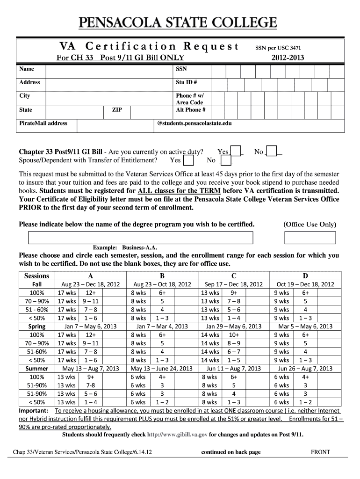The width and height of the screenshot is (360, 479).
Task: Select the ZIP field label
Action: click(117, 110)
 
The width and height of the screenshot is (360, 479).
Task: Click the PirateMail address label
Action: click(43, 123)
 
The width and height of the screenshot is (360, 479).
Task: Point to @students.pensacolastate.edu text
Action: click(194, 123)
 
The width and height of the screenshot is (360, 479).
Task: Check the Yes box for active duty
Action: click(237, 151)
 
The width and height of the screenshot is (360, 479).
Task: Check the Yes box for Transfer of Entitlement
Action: click(189, 160)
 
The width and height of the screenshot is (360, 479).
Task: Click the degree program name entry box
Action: click(140, 238)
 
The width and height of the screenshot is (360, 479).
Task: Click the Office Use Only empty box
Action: click(310, 238)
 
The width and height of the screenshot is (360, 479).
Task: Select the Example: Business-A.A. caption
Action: click(123, 247)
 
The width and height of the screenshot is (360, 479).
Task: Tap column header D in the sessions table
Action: click(305, 276)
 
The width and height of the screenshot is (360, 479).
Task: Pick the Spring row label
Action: click(36, 327)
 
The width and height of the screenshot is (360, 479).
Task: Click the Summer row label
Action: click(36, 369)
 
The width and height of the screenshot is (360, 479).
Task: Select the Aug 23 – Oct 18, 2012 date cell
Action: click(162, 284)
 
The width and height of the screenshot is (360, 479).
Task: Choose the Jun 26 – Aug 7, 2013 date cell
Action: click(305, 369)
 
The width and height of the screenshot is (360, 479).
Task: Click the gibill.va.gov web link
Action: click(177, 435)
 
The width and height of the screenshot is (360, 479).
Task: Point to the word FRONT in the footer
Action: click(320, 452)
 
